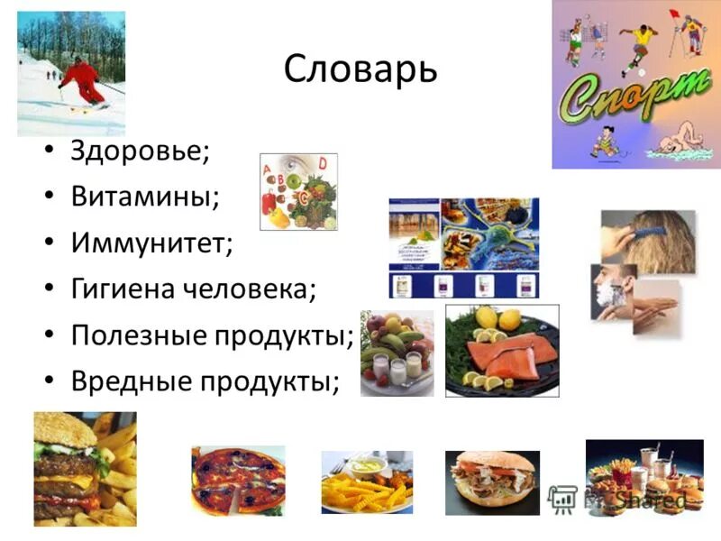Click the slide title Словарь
pyautogui.click(x=360, y=69)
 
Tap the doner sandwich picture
pyautogui.click(x=491, y=482)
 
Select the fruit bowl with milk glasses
pyautogui.click(x=397, y=353)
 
